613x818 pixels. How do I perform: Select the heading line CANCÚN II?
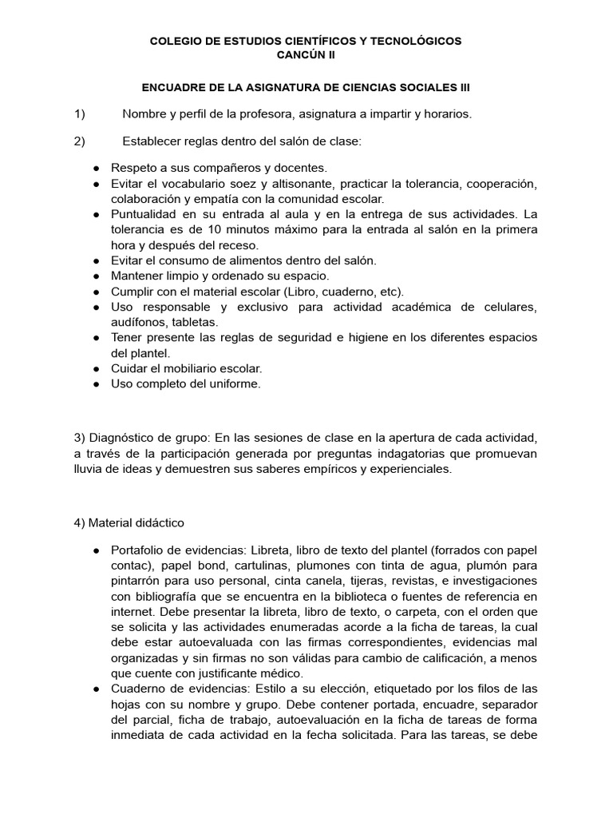click(x=306, y=54)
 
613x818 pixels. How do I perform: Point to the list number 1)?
click(x=79, y=114)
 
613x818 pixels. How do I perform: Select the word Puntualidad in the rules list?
click(x=142, y=214)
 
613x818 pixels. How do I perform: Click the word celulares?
click(x=511, y=307)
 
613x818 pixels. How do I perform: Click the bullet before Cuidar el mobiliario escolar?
click(x=96, y=368)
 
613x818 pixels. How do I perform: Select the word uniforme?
click(x=237, y=383)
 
